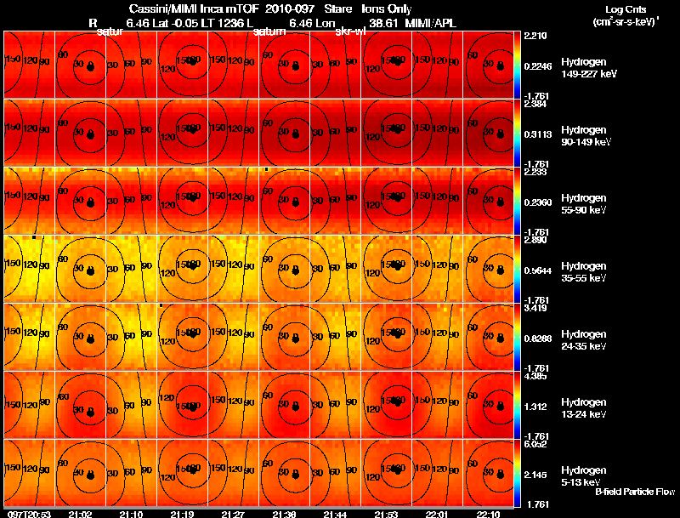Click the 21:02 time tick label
point(80,514)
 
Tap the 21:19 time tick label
point(182,514)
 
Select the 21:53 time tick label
point(386,514)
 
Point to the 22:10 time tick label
point(488,514)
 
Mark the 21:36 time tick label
point(284,514)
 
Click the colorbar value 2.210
point(535,37)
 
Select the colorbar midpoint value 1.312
point(535,407)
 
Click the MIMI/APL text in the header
point(436,22)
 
